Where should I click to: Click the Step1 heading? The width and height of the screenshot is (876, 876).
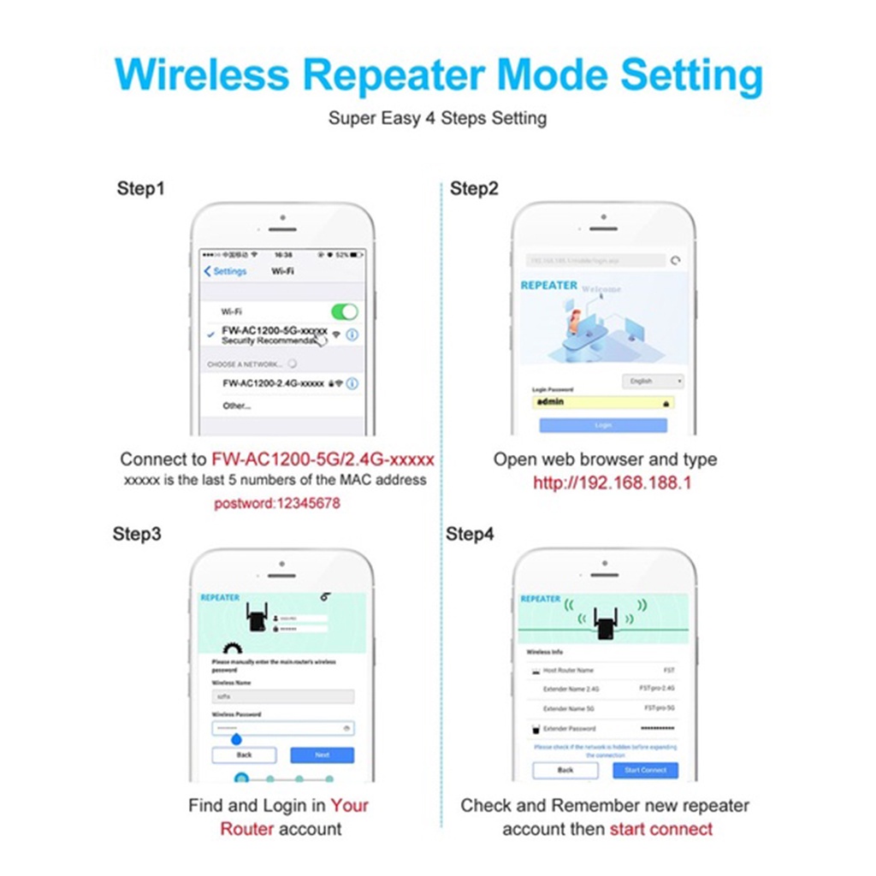pos(140,189)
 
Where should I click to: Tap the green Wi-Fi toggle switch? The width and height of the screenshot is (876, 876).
pos(344,312)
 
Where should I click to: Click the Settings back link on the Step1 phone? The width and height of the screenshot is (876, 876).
pos(226,271)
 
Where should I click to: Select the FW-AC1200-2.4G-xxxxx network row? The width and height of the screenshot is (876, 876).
pos(274,384)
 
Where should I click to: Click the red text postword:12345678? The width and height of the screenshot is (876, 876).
pos(277,504)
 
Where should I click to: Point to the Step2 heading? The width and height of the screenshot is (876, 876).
pos(474,189)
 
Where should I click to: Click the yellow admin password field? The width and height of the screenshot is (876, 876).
pos(602,402)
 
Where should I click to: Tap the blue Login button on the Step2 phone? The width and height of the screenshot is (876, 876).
pos(602,425)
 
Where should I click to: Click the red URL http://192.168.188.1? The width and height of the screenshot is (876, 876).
pos(612,483)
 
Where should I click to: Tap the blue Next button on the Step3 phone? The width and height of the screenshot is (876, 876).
pos(322,755)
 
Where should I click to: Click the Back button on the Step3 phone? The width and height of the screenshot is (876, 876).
pos(244,755)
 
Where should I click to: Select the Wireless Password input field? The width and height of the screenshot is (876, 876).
pos(282,729)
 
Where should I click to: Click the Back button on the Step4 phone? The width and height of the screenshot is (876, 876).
pos(565,770)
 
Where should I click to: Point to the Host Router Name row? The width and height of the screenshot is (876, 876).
pos(603,671)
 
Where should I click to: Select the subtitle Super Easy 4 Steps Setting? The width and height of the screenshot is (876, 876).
pos(437,118)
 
